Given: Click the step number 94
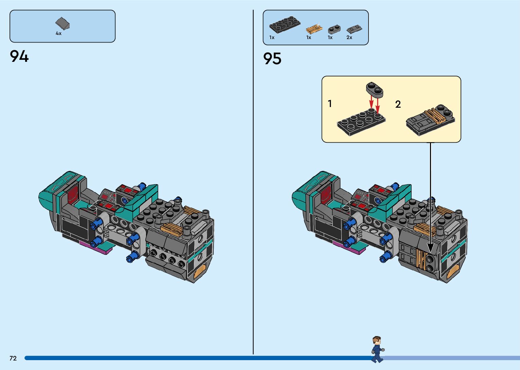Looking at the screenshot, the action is pos(19,56).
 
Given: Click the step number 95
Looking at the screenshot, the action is pos(272,58).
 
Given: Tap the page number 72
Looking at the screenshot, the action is pos(13,358).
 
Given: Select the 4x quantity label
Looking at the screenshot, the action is pos(59,33).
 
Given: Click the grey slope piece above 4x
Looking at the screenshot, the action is pos(62,23).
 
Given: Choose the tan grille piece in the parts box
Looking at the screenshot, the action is pos(314,29).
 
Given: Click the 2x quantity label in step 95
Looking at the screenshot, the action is pos(349,37).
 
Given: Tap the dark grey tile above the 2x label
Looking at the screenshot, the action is pos(354,29).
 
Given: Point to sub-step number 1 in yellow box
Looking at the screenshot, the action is pos(330,103).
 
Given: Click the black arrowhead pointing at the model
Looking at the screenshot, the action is pos(430,247).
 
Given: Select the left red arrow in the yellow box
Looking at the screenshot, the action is pos(372,102).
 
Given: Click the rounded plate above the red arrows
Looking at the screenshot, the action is pos(375,89).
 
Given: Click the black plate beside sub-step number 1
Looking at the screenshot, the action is pos(361,122).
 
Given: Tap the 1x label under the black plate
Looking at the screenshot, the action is pos(272,37).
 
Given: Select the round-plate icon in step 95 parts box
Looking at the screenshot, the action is pos(334,29).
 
